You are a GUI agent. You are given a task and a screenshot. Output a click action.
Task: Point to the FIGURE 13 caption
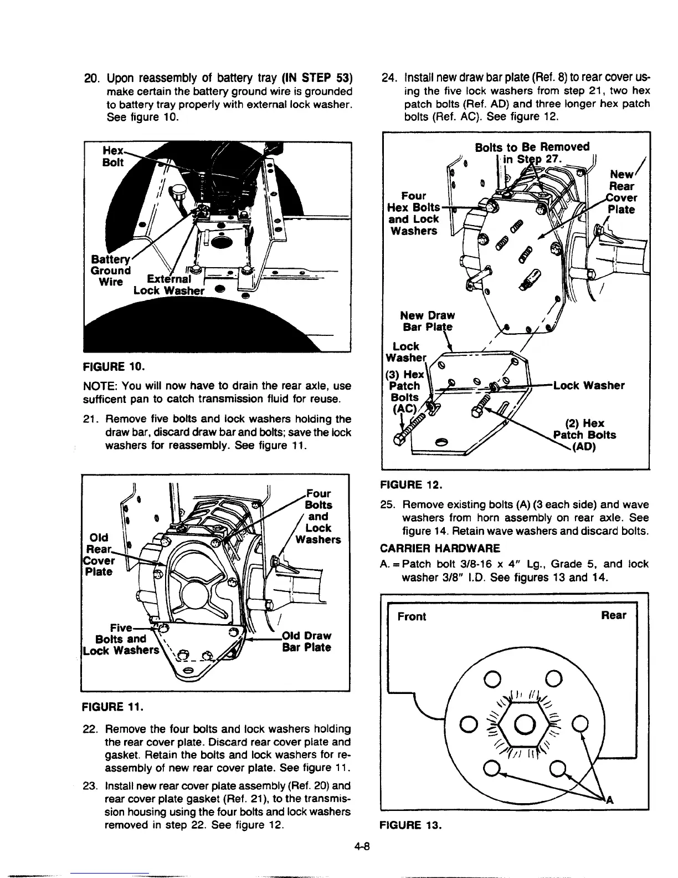click(x=411, y=824)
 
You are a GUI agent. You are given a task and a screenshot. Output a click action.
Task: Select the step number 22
click(x=90, y=728)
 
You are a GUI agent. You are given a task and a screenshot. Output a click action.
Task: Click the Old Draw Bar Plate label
click(x=306, y=641)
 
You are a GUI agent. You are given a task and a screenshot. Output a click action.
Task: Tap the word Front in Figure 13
click(x=412, y=616)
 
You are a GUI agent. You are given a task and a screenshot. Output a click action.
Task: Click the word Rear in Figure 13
click(x=614, y=615)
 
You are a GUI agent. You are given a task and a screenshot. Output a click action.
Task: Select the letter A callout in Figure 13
click(x=611, y=799)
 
